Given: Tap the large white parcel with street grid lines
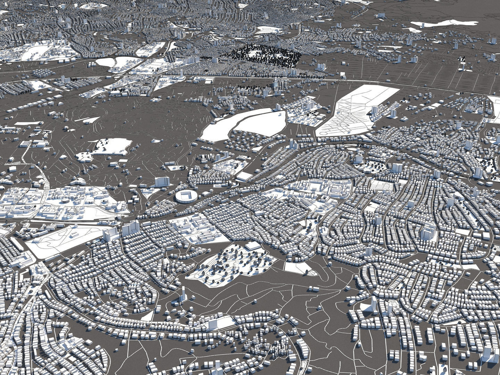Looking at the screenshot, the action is click(358, 111).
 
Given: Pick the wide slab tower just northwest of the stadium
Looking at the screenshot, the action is click(162, 182).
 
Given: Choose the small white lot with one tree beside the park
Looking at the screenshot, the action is click(299, 268).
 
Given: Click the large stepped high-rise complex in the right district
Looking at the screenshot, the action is click(428, 232).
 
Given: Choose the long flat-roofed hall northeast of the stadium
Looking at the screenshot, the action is click(244, 176).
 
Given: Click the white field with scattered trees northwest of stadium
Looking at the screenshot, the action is click(108, 148).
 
